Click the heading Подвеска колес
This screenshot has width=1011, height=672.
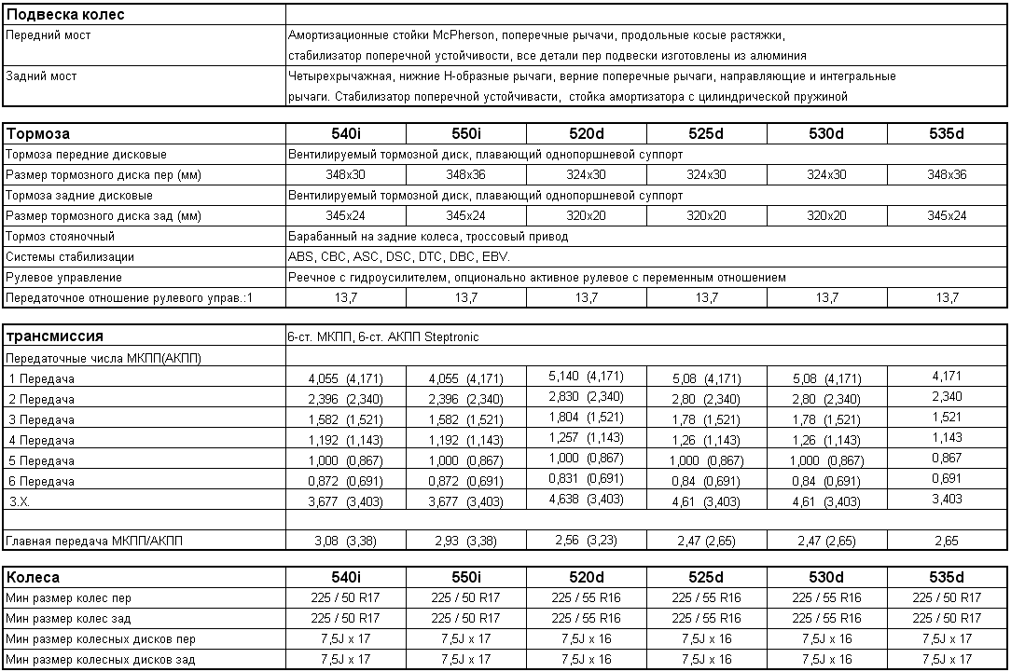(x=66, y=15)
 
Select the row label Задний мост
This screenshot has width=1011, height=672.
(x=42, y=76)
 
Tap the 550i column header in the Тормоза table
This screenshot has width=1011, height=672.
(x=465, y=133)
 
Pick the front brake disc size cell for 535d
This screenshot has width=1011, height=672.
(x=947, y=175)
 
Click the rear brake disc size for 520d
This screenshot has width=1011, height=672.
(x=586, y=216)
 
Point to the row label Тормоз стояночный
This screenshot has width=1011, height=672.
(x=60, y=237)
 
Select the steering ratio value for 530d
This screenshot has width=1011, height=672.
(x=826, y=298)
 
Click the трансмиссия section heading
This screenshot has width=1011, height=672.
(x=55, y=336)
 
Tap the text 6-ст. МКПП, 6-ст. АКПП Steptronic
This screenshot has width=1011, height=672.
(x=383, y=337)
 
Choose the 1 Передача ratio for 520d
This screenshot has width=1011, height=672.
(x=587, y=377)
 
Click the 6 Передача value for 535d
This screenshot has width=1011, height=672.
(x=947, y=479)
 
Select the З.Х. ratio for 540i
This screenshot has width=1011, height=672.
(x=345, y=501)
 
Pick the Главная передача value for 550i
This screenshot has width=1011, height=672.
(x=465, y=541)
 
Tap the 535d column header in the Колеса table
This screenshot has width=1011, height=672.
(x=947, y=577)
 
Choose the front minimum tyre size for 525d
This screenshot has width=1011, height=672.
(x=706, y=598)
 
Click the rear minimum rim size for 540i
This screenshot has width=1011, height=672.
(x=345, y=660)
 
